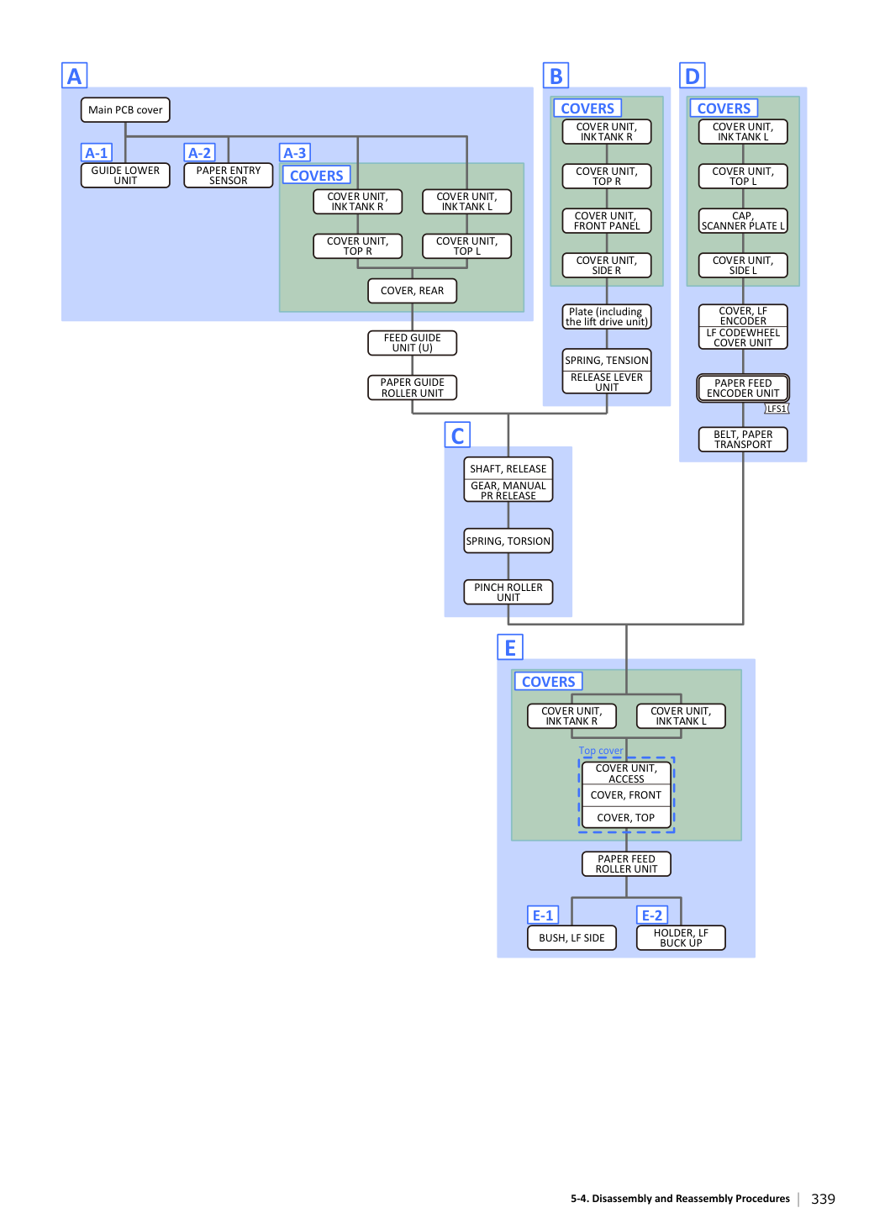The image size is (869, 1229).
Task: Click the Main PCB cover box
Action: point(125,110)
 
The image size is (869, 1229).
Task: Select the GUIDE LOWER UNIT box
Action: point(125,176)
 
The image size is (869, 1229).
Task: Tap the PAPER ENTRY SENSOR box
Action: point(229,176)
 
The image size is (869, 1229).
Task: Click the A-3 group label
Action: point(295,152)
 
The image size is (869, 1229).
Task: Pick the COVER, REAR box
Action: point(412,291)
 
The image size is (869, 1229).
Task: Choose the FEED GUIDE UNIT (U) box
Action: point(412,343)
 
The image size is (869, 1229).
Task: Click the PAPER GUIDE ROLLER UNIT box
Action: point(412,388)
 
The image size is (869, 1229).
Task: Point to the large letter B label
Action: point(556,76)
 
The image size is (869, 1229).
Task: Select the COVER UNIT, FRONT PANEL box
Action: point(607,220)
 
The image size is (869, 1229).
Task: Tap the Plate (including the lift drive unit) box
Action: point(607,317)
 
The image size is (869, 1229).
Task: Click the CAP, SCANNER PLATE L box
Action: point(743,220)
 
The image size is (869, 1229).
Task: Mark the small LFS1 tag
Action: point(777,409)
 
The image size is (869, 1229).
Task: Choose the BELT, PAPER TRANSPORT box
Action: point(743,440)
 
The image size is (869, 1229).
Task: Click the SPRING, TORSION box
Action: point(508,541)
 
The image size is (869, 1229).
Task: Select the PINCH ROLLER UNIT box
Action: point(508,592)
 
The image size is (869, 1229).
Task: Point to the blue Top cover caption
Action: point(601,750)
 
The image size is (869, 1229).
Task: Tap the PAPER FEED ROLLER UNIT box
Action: point(626,863)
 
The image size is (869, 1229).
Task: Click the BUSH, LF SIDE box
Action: point(571,937)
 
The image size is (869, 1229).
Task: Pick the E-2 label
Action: point(652,915)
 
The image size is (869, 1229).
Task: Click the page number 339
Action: point(823,1199)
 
